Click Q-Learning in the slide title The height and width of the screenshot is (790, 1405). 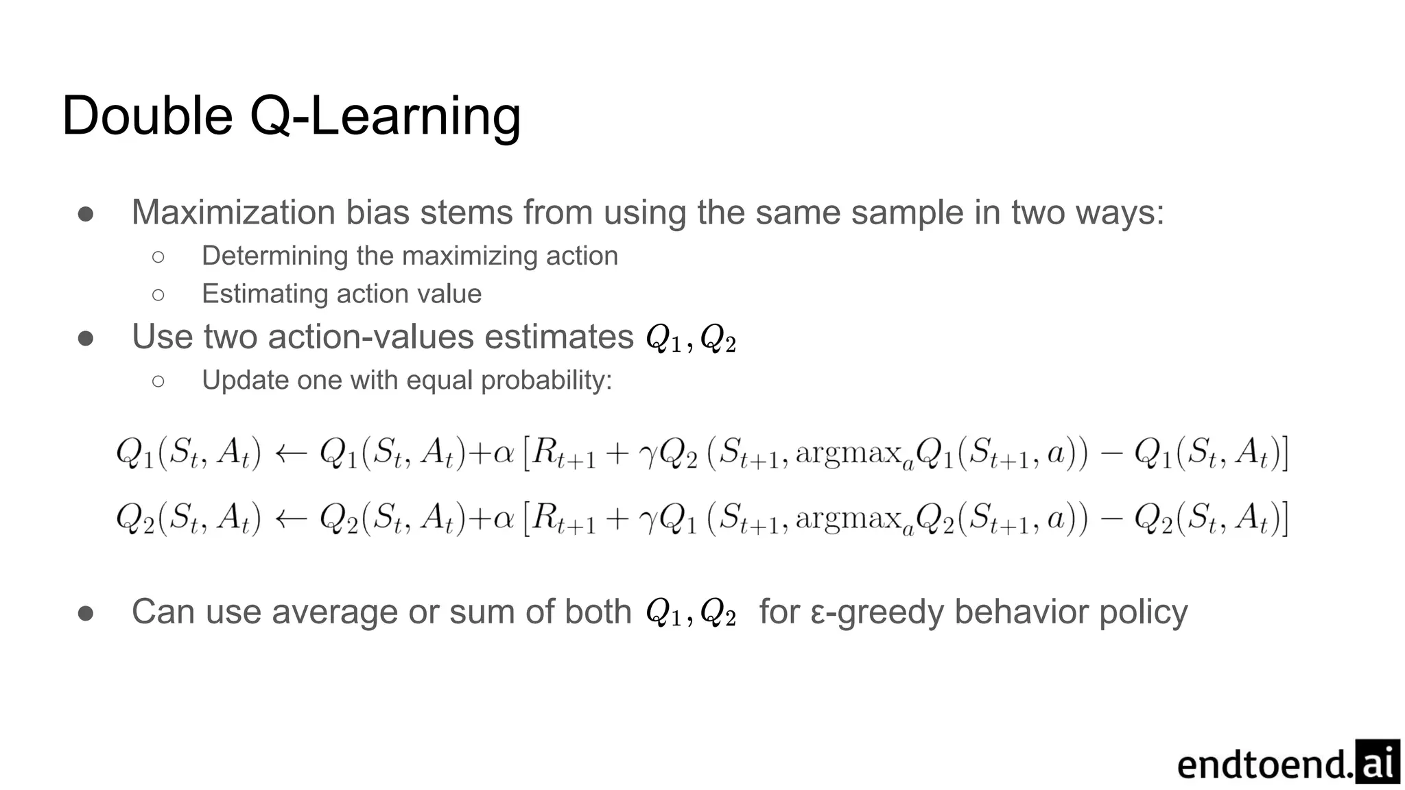[x=385, y=117]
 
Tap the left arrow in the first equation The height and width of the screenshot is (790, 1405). [x=290, y=453]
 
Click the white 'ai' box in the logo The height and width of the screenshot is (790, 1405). [x=1378, y=762]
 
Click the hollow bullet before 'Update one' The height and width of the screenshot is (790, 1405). [x=158, y=381]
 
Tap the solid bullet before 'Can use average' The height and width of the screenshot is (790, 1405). [x=86, y=613]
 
